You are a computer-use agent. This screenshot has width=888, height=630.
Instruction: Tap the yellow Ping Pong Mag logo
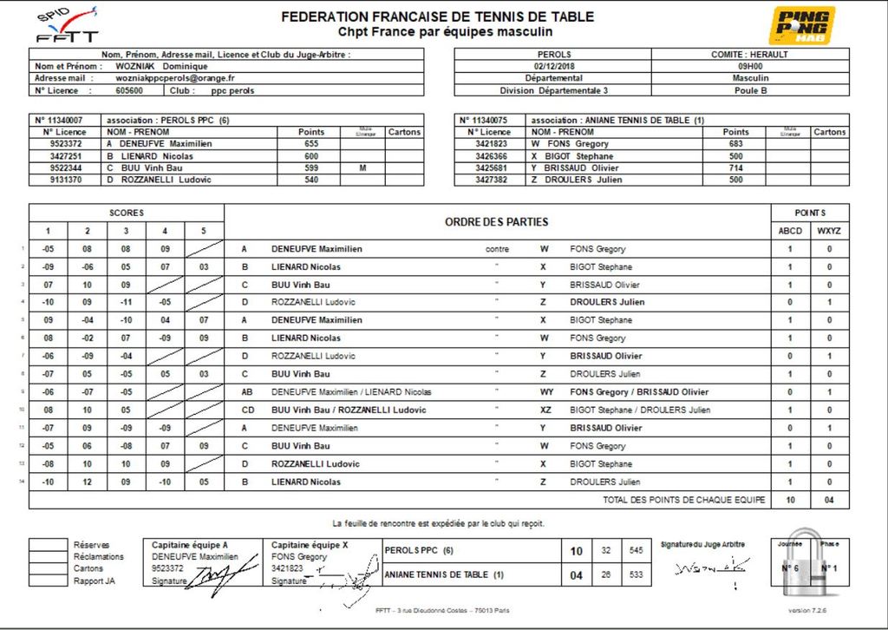click(803, 25)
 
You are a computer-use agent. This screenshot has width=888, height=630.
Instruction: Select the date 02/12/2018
click(555, 66)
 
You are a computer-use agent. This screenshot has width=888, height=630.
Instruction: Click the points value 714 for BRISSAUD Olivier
click(735, 167)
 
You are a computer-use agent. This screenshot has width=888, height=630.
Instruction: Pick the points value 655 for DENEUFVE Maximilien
click(311, 144)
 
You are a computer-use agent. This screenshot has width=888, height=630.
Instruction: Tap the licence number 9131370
click(67, 180)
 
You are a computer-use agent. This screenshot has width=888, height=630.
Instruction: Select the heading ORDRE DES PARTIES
click(497, 222)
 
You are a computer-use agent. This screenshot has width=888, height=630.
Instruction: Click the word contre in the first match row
click(498, 249)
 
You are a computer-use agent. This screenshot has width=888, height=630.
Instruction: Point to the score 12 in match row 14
click(87, 482)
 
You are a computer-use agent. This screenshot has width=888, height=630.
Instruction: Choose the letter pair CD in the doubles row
click(248, 410)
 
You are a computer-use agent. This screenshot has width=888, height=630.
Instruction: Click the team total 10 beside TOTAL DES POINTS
click(790, 500)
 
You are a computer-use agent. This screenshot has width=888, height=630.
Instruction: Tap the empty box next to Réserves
click(48, 545)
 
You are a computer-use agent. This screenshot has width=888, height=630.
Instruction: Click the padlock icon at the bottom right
click(810, 566)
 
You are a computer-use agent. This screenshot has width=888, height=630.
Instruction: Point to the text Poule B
click(750, 90)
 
